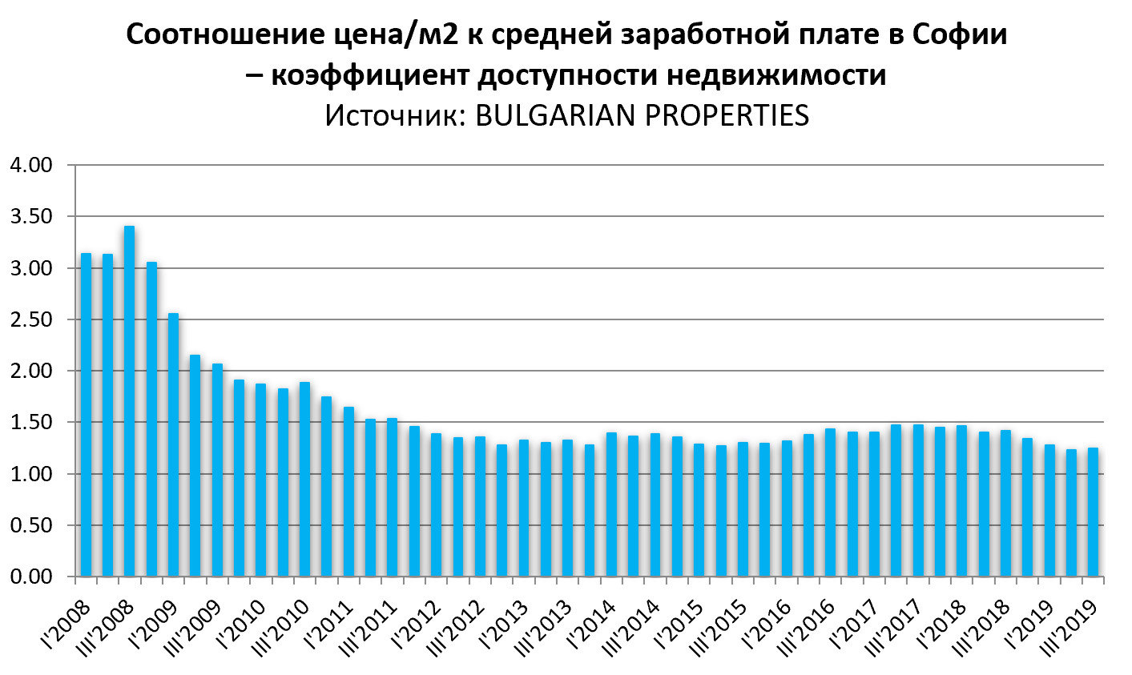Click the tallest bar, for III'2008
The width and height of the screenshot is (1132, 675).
coord(129,401)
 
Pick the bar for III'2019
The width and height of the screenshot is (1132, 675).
coord(1092,512)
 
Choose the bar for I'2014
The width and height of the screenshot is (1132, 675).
coord(611,504)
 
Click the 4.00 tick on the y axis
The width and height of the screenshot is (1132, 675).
coord(30,166)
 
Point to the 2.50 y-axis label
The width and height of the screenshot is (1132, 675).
coord(30,319)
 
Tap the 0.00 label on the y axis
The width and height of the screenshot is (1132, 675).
coord(30,577)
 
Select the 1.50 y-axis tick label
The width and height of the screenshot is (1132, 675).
coord(30,422)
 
